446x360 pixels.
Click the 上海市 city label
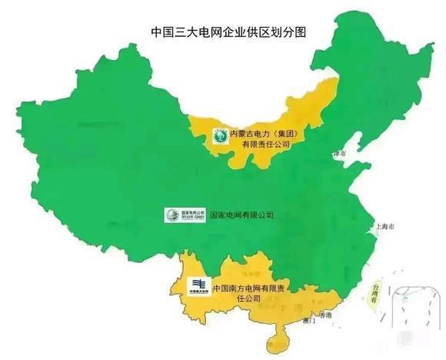[x=381, y=228]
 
